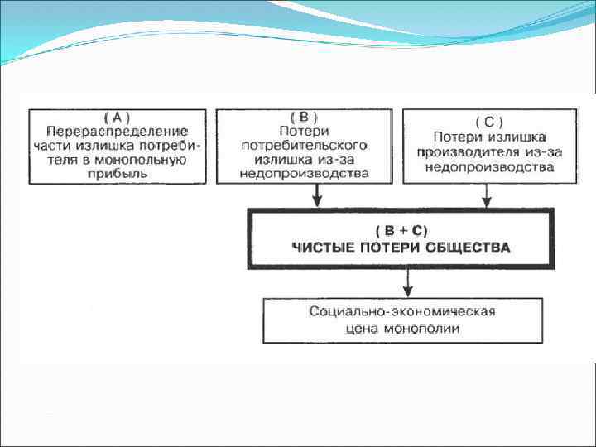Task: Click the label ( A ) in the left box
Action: pyautogui.click(x=117, y=117)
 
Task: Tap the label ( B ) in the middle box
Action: pyautogui.click(x=304, y=117)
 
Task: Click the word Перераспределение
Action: pyautogui.click(x=117, y=131)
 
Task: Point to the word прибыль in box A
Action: pyautogui.click(x=117, y=174)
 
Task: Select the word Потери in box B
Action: pyautogui.click(x=304, y=131)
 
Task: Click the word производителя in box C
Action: pyautogui.click(x=472, y=152)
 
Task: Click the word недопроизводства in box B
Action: pyautogui.click(x=304, y=174)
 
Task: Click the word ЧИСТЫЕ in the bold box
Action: pyautogui.click(x=323, y=247)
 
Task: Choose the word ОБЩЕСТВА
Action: pyautogui.click(x=473, y=247)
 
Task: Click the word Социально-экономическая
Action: pyautogui.click(x=401, y=312)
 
